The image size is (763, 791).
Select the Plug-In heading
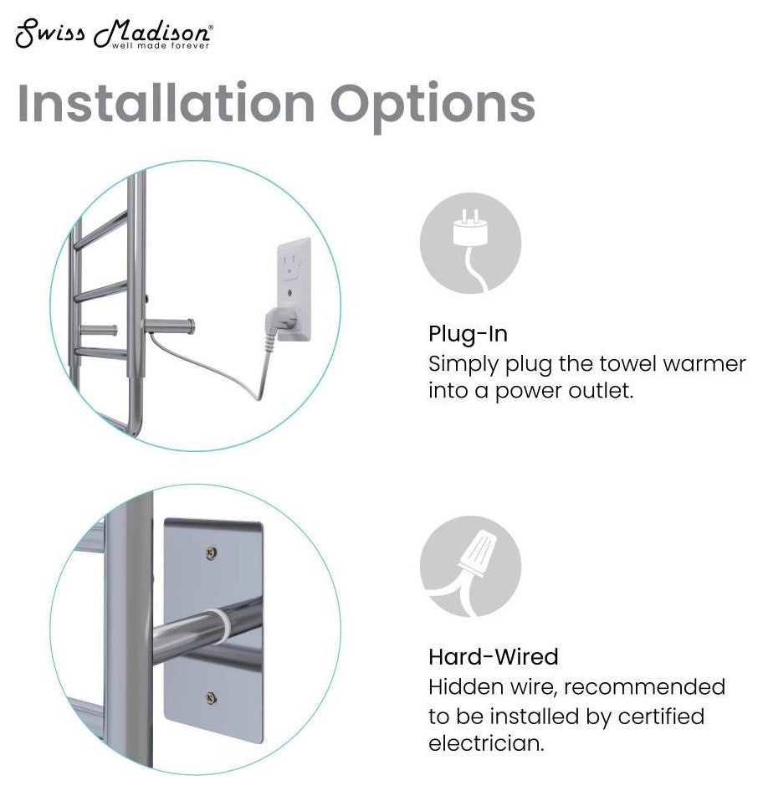[468, 334]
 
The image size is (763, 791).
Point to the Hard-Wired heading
[493, 655]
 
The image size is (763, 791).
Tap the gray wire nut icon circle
[470, 566]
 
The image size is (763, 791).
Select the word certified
[661, 716]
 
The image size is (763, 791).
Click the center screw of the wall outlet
[288, 293]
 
